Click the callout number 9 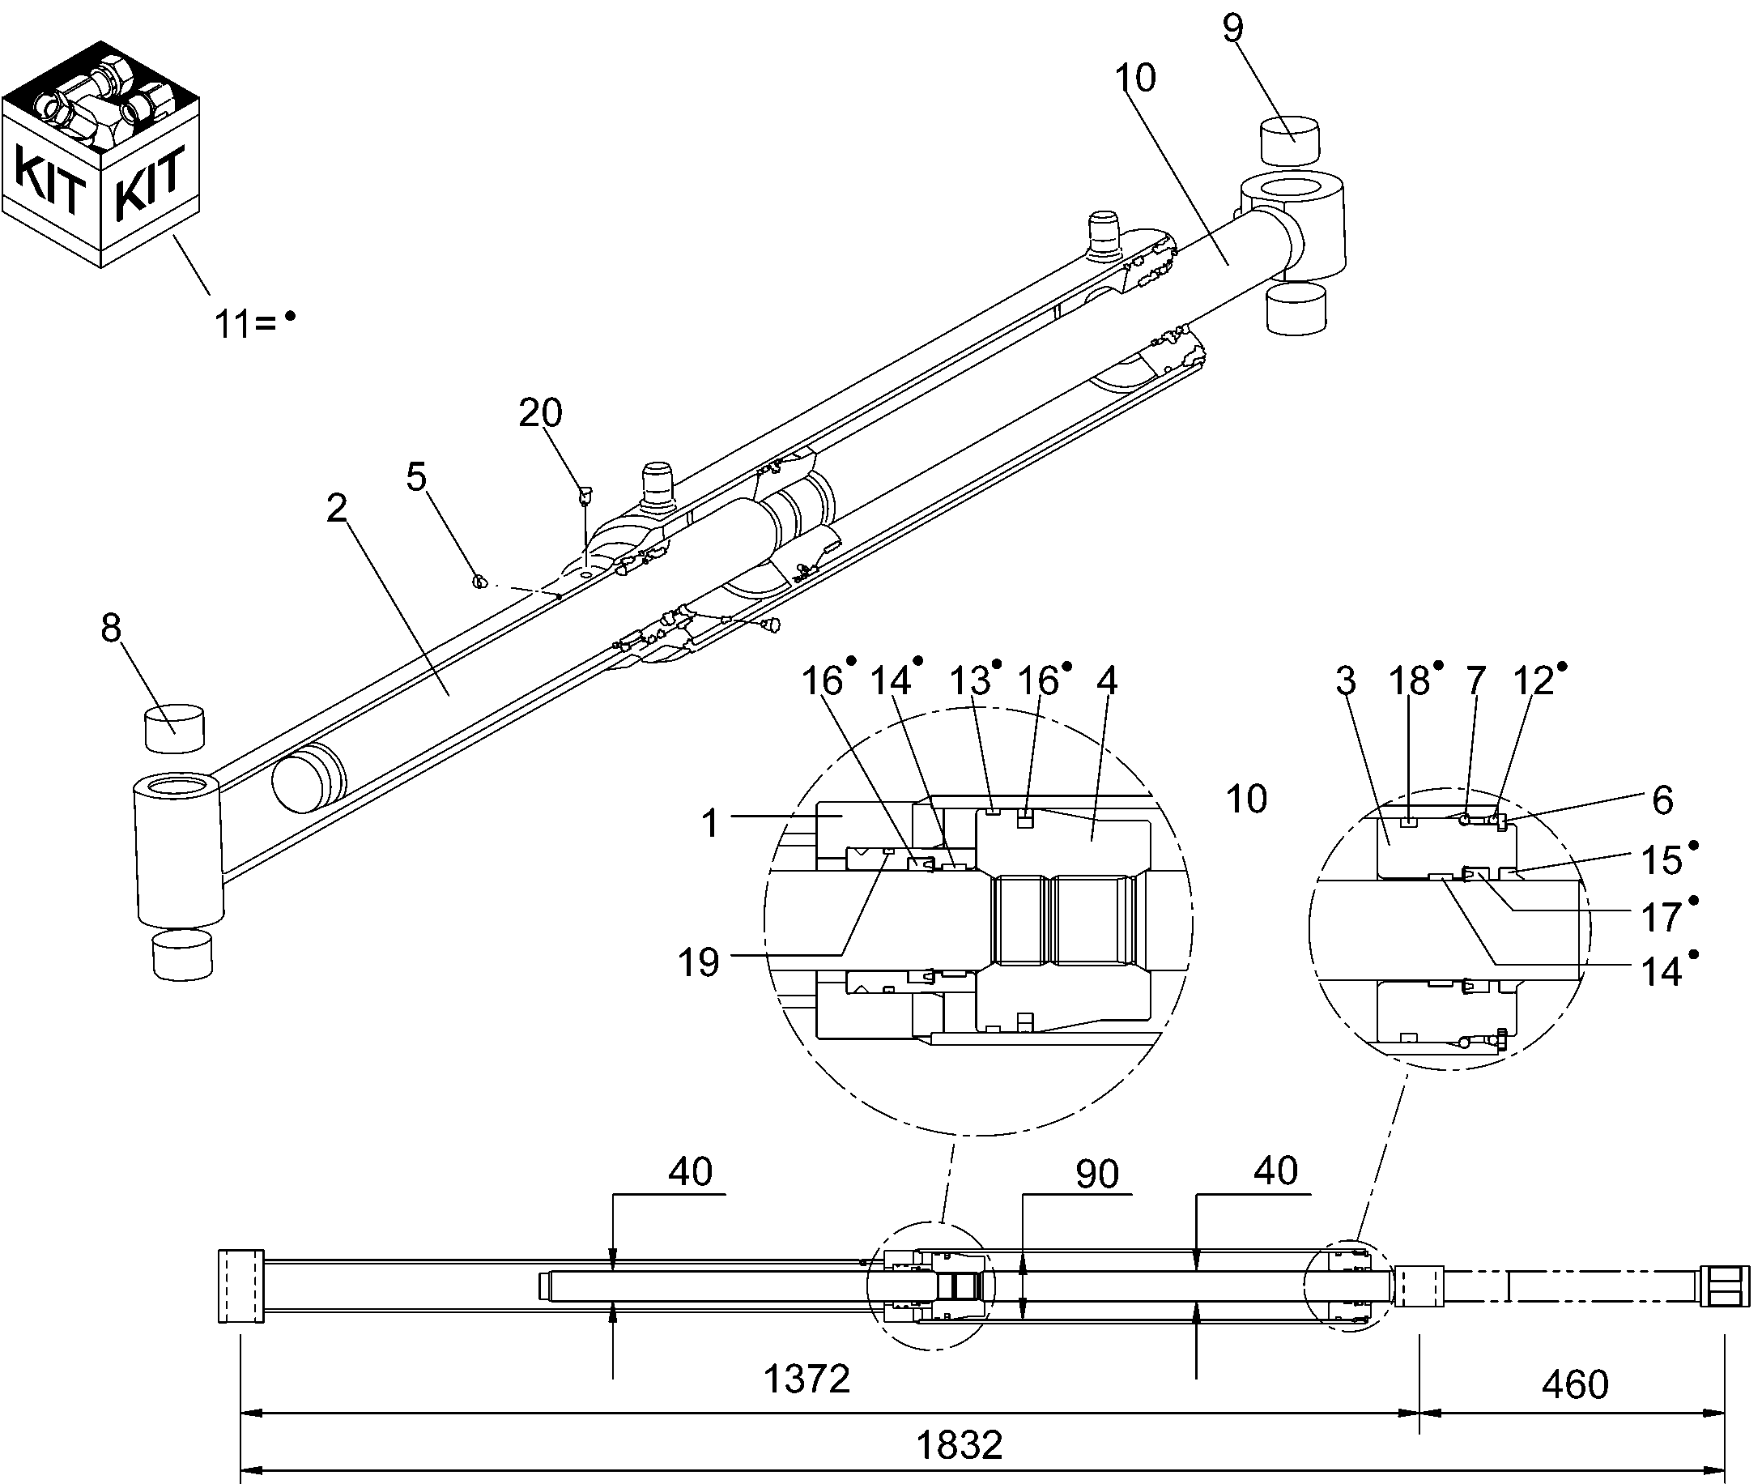(1232, 28)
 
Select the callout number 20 (540, 413)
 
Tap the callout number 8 (111, 629)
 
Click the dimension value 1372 (806, 1379)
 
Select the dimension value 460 (1574, 1384)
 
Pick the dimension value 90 (1096, 1174)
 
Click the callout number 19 (698, 962)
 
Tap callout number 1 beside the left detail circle (711, 824)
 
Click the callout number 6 (1662, 800)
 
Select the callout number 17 (1661, 918)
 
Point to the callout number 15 (1661, 860)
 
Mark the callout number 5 (416, 477)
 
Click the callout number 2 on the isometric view (336, 507)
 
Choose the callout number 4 (1107, 680)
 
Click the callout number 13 (970, 680)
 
